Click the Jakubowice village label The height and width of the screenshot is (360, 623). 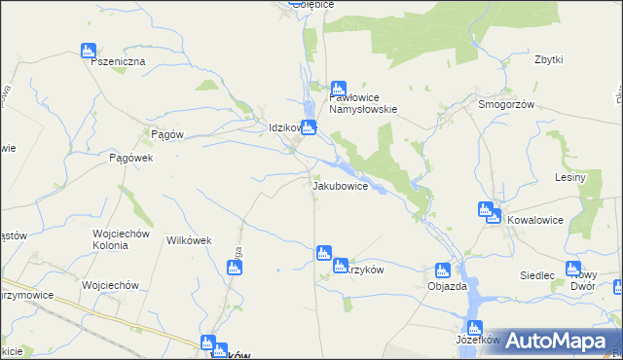(340, 185)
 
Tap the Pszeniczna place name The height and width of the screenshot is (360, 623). (117, 61)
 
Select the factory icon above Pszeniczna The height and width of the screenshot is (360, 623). (89, 50)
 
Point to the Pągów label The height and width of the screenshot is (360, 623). (167, 135)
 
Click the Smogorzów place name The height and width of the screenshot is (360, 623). (506, 104)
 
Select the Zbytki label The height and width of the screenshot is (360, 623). (549, 59)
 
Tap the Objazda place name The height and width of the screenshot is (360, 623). (448, 286)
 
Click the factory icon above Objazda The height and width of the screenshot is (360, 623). (443, 270)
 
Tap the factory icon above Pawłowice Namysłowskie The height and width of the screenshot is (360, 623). (339, 87)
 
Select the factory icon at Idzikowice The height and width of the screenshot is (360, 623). (310, 127)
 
